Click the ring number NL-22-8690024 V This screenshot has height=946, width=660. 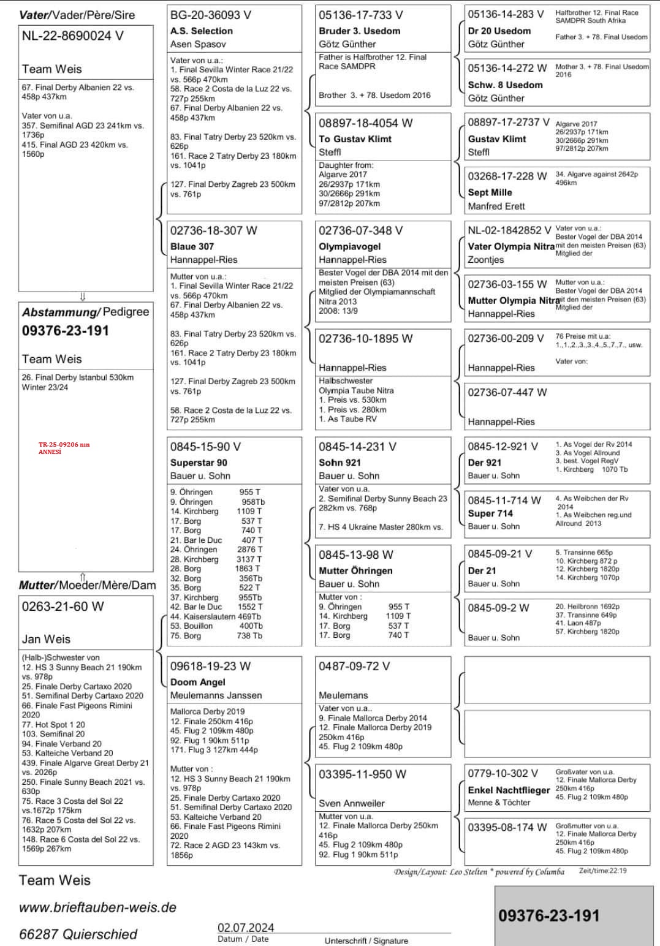pos(72,36)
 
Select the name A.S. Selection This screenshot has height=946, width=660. pos(202,31)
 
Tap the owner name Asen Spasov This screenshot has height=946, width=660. pos(198,44)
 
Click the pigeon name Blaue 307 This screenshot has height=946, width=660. pos(192,246)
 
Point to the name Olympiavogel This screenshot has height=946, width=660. pos(349,246)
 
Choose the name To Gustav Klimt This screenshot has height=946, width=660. pos(355,139)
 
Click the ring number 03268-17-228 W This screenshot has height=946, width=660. pos(507,176)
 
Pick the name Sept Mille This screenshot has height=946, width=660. pos(490,192)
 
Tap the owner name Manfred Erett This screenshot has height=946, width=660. pos(496,206)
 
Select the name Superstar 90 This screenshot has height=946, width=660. pos(199,463)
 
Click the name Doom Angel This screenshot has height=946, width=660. pos(197,682)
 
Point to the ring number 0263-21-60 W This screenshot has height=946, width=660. pos(63,607)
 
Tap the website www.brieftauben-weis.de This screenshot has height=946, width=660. pos(97,907)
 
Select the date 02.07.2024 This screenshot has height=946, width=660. pos(246,928)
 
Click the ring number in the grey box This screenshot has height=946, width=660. pos(548,915)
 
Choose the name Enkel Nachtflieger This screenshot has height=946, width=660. pos(509,790)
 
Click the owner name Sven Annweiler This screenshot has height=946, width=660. pos(352,803)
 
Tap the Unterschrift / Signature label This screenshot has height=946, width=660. pos(366,940)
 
